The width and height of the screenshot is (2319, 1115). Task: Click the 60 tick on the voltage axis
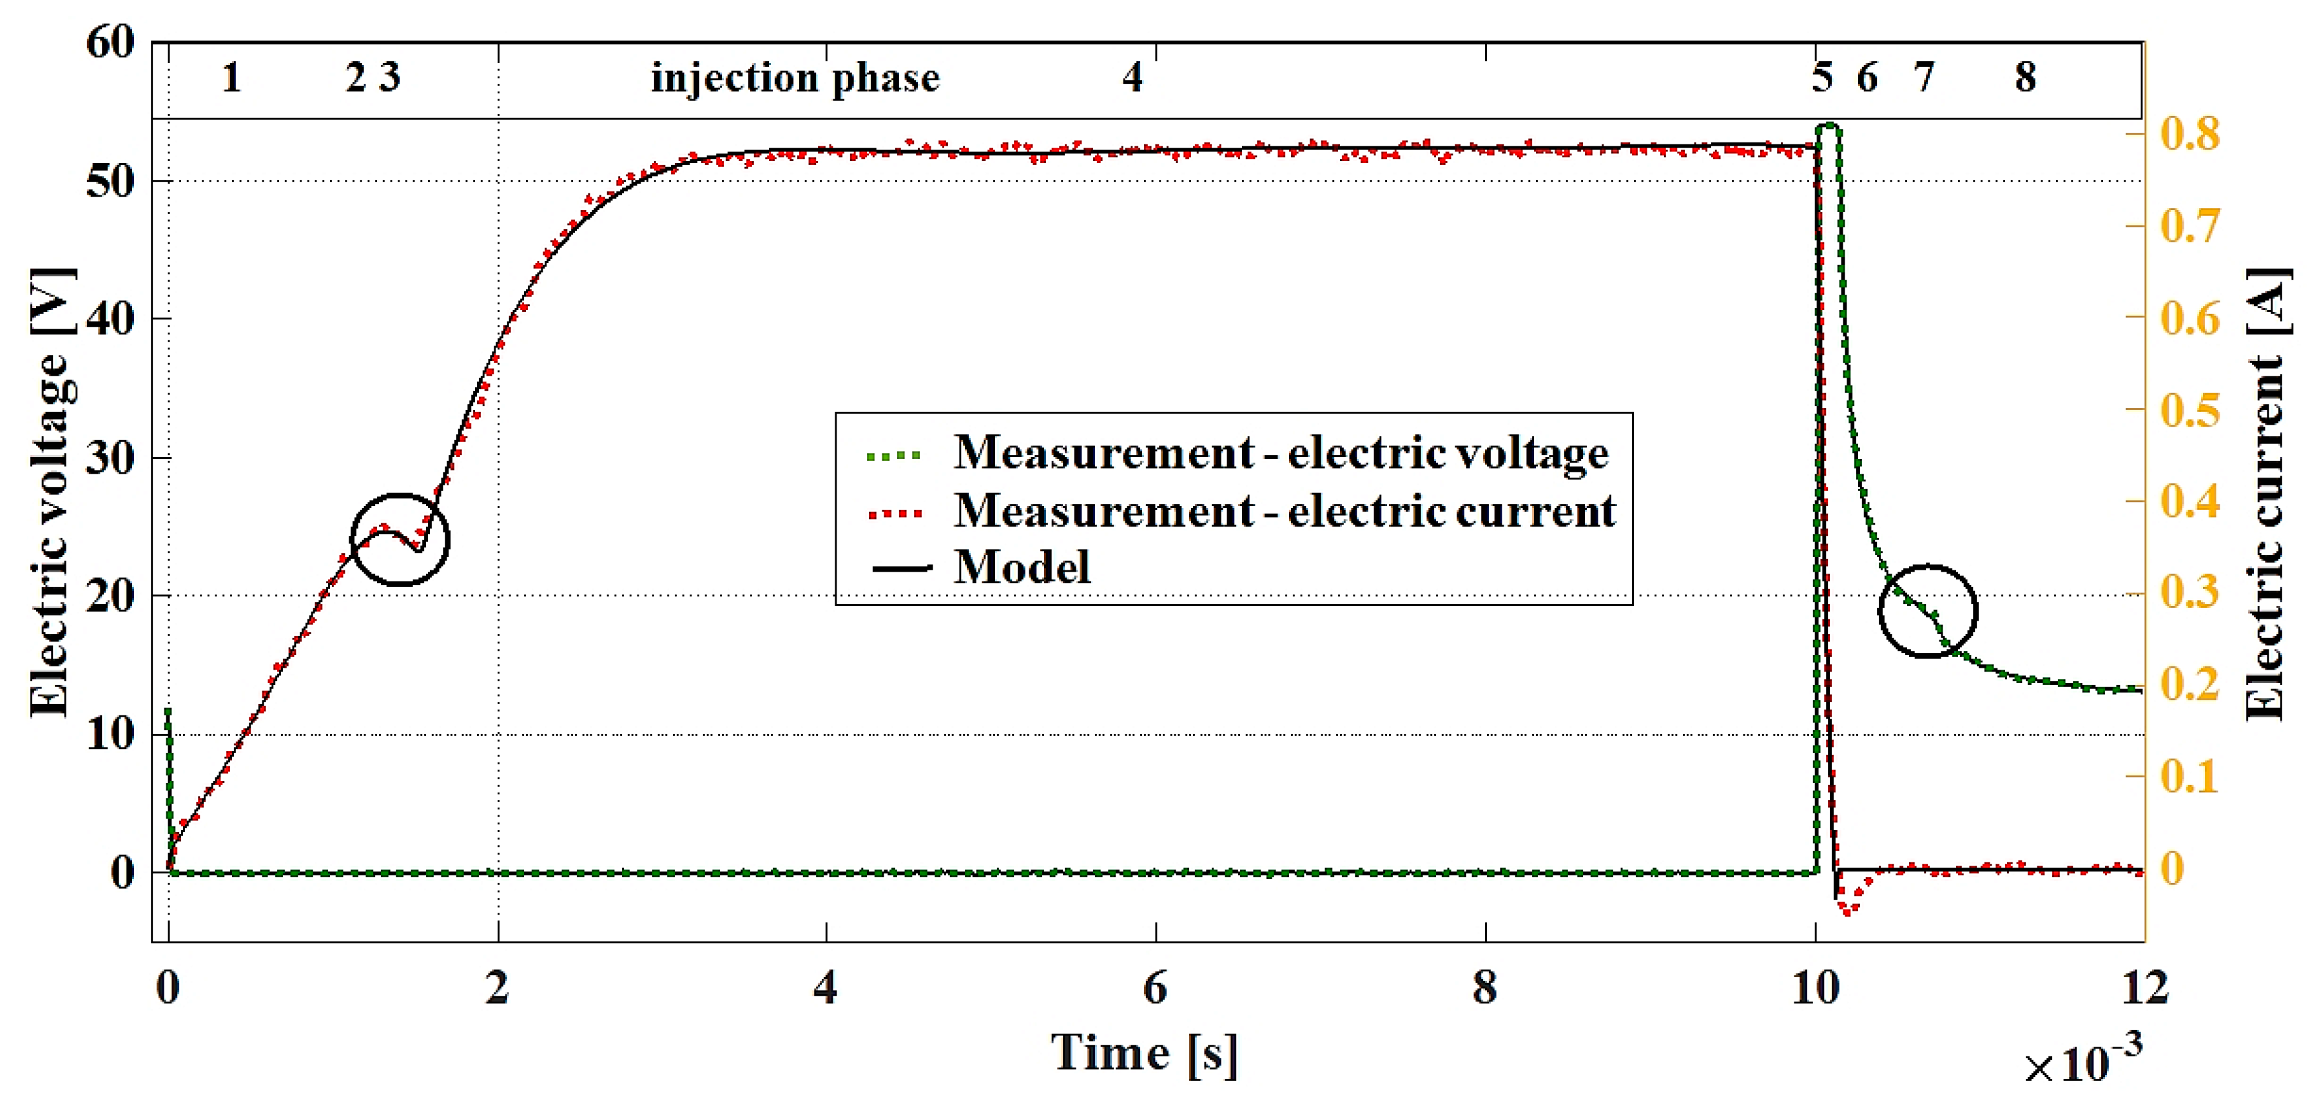point(110,43)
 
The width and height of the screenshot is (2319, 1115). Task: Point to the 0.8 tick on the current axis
point(2189,133)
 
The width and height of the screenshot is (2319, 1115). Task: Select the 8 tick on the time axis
point(1484,988)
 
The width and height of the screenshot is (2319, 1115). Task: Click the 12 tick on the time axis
point(2144,988)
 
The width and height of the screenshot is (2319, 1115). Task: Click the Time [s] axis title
point(1144,1053)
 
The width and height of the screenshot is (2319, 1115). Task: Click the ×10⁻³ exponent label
point(2082,1062)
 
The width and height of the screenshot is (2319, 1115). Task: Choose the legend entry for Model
point(1022,568)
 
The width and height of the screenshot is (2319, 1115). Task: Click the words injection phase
point(795,78)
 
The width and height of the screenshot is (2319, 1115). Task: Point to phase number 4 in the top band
point(1132,78)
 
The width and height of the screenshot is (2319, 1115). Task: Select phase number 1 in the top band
point(231,78)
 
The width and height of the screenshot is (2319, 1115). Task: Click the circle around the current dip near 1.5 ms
point(400,540)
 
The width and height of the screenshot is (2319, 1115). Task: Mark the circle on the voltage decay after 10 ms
point(1926,611)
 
